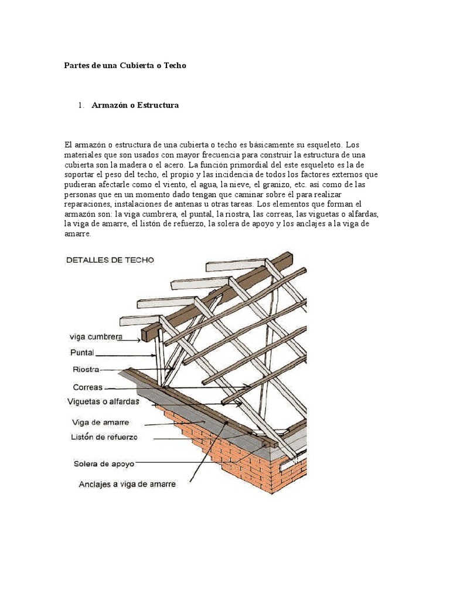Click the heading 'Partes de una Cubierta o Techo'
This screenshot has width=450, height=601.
point(125,66)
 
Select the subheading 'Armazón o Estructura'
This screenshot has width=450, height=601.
point(135,105)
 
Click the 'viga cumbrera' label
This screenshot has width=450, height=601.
point(96,337)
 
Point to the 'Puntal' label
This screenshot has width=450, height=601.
point(83,353)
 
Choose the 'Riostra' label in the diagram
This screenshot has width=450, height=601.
point(84,370)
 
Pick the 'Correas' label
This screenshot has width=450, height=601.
point(88,387)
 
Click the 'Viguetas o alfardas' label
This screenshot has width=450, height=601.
point(103,403)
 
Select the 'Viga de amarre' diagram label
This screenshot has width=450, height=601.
point(100,422)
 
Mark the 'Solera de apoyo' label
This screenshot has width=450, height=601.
point(104,464)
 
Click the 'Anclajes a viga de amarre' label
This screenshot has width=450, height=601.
point(127,485)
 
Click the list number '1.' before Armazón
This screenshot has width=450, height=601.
point(81,105)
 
